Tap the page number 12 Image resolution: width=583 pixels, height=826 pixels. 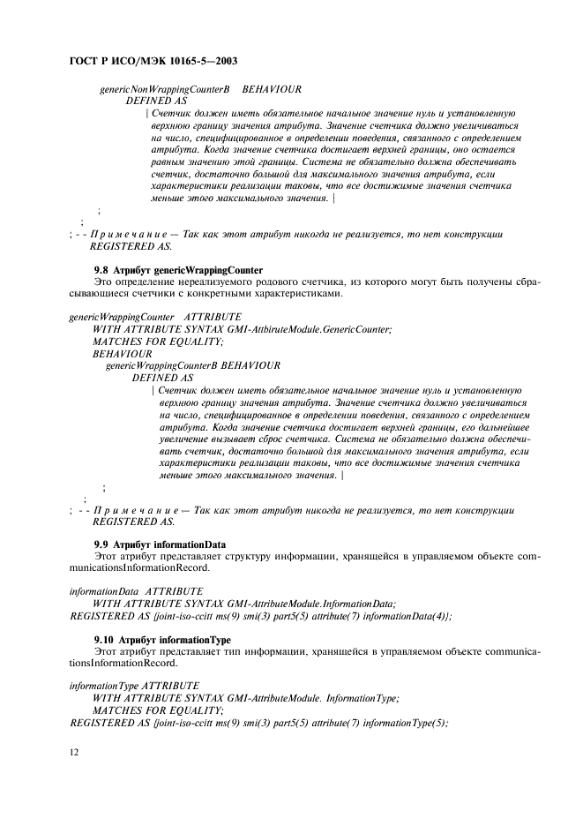pyautogui.click(x=73, y=751)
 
